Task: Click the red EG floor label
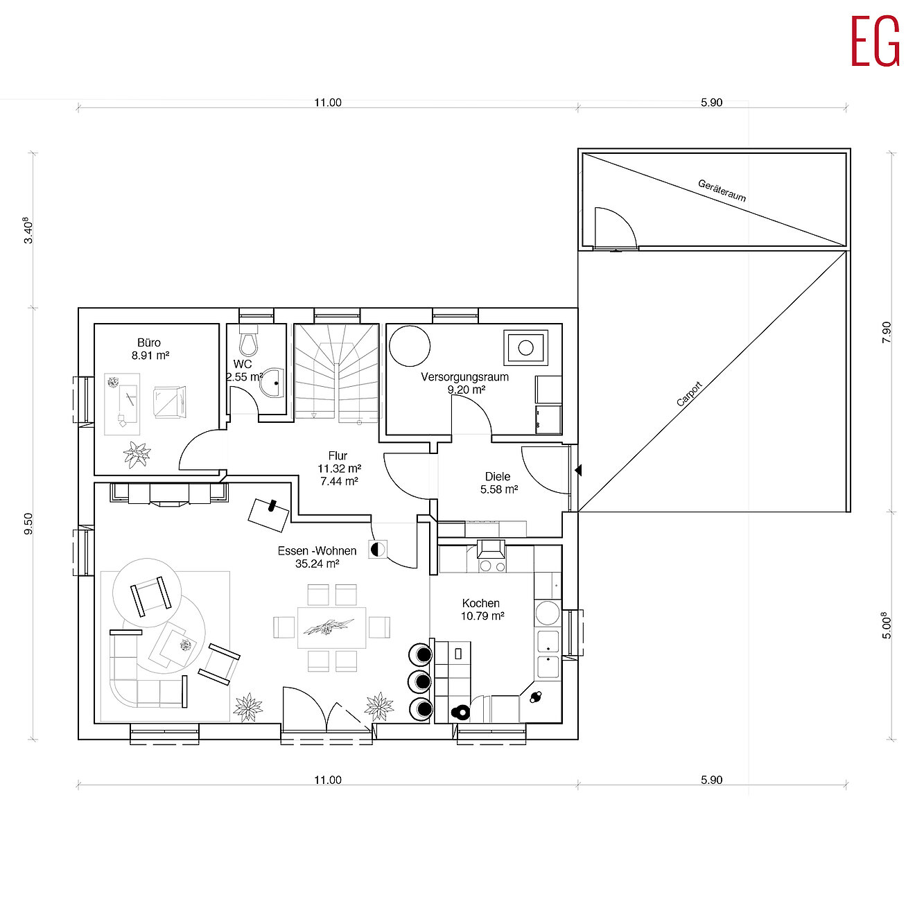(875, 42)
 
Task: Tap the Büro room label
(149, 342)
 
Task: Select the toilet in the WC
(249, 342)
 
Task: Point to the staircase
(337, 373)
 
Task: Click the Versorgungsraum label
(464, 377)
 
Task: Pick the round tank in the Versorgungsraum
(410, 346)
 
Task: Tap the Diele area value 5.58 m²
(499, 489)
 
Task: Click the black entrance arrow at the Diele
(578, 471)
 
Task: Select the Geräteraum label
(722, 191)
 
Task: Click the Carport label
(689, 394)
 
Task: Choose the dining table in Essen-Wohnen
(331, 627)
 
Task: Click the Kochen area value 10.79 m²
(482, 616)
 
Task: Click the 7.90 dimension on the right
(887, 332)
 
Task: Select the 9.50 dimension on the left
(28, 523)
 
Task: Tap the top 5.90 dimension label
(711, 103)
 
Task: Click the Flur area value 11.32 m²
(339, 469)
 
